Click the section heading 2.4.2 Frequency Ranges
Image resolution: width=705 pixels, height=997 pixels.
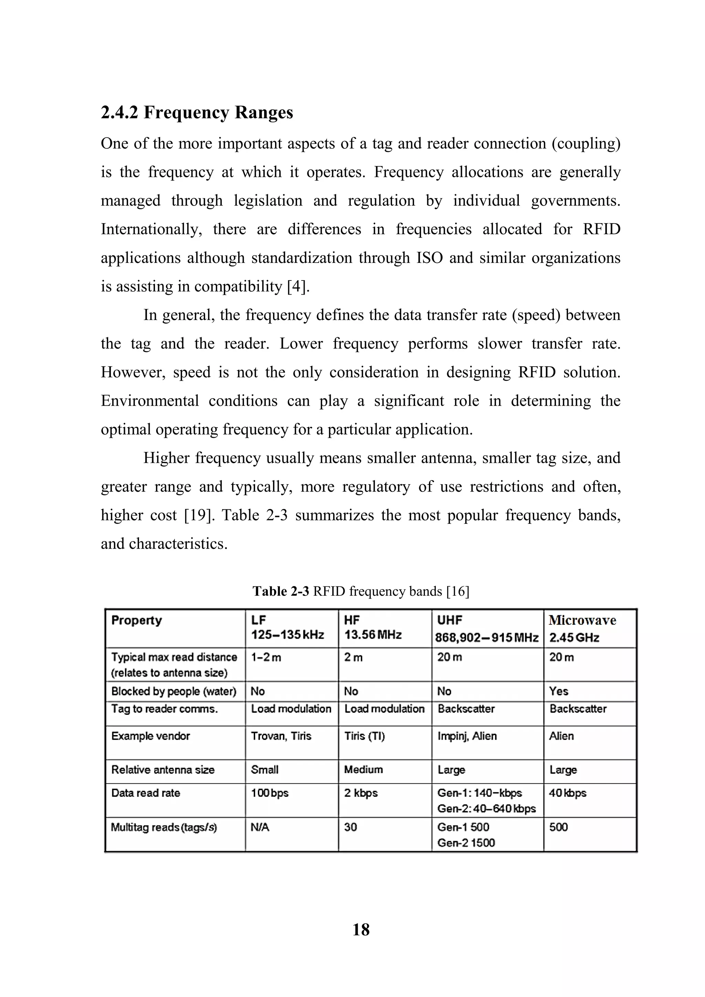coord(197,113)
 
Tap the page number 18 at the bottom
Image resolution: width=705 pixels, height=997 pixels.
coord(361,930)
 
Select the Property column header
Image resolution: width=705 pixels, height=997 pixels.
coord(136,620)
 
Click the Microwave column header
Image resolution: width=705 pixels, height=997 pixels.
coord(582,620)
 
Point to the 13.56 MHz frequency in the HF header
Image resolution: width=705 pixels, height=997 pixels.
coord(373,635)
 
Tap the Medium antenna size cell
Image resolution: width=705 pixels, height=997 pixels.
coord(363,770)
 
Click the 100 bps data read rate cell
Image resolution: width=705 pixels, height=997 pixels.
coord(269,793)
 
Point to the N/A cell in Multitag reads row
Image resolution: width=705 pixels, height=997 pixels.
coord(260,827)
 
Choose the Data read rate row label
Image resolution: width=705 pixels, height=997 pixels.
coord(146,793)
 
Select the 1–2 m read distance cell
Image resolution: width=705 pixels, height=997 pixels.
coord(266,657)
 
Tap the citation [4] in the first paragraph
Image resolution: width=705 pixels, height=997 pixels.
coord(298,287)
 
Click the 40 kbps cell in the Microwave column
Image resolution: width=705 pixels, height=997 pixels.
coord(567,793)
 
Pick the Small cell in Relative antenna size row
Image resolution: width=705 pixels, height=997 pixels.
coord(264,770)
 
